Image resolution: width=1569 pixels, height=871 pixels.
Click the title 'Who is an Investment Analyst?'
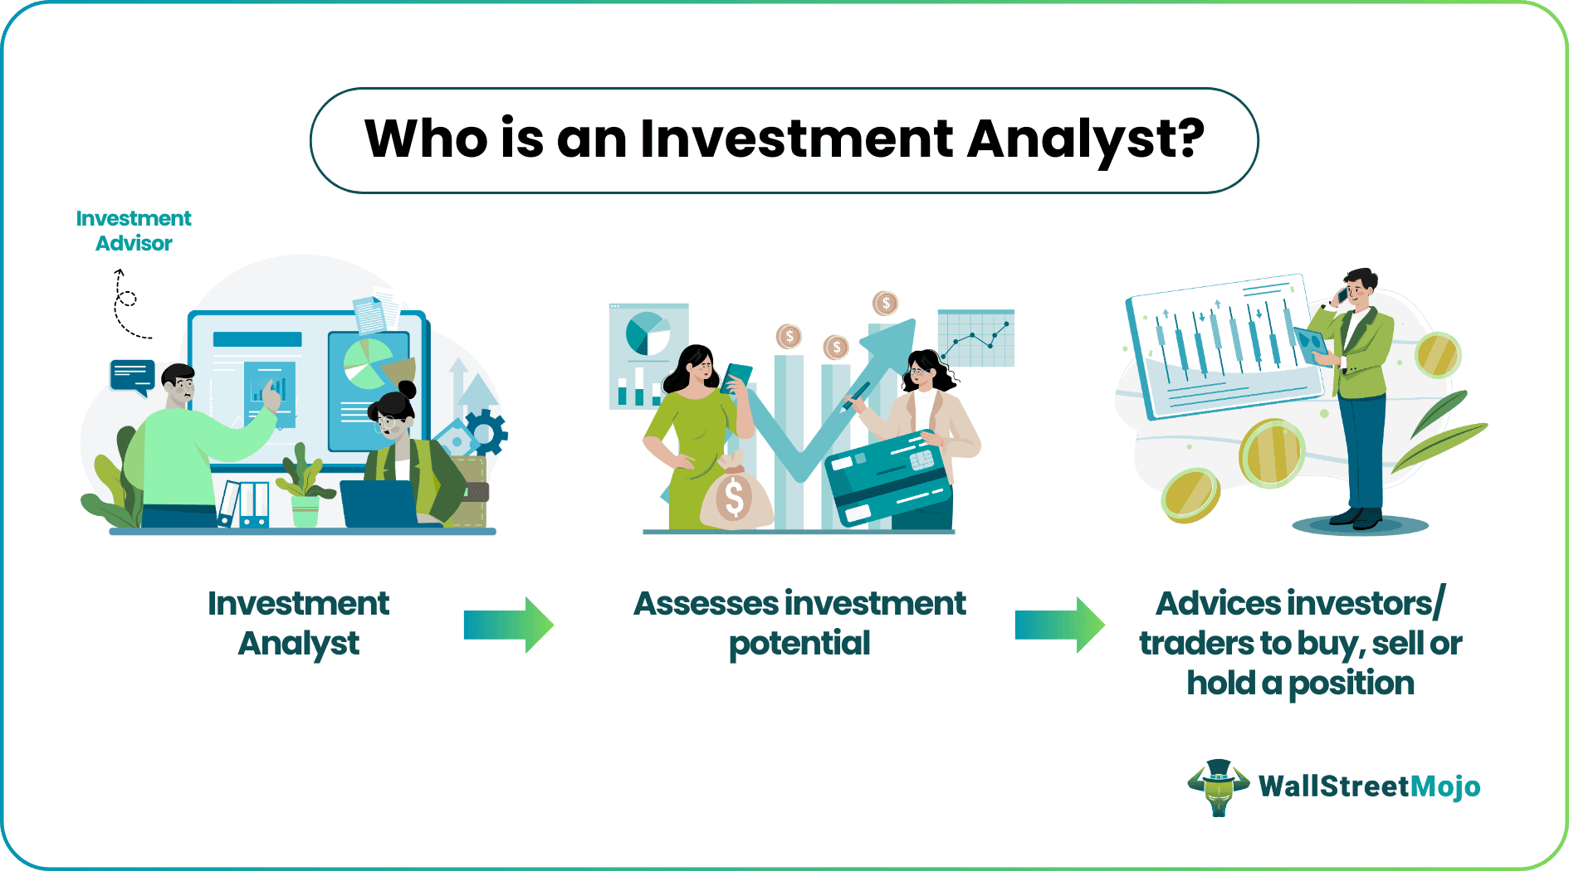click(x=784, y=139)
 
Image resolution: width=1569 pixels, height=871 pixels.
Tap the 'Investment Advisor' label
click(x=134, y=231)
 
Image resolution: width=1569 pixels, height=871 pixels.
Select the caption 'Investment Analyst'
click(x=298, y=624)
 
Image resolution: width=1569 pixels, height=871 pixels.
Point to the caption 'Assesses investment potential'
click(x=799, y=624)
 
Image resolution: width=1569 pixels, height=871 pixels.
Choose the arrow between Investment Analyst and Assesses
click(x=508, y=625)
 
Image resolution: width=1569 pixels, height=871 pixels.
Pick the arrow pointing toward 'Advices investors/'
click(x=1060, y=625)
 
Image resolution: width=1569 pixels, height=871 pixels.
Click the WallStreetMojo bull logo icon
click(x=1219, y=787)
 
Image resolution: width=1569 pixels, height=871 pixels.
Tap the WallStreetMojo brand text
click(x=1369, y=786)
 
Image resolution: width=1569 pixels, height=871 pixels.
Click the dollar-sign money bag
click(x=735, y=495)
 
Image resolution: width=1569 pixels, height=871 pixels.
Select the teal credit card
click(x=888, y=478)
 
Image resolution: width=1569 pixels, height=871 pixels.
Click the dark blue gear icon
click(x=486, y=431)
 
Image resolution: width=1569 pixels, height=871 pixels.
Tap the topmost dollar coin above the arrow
click(x=886, y=304)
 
